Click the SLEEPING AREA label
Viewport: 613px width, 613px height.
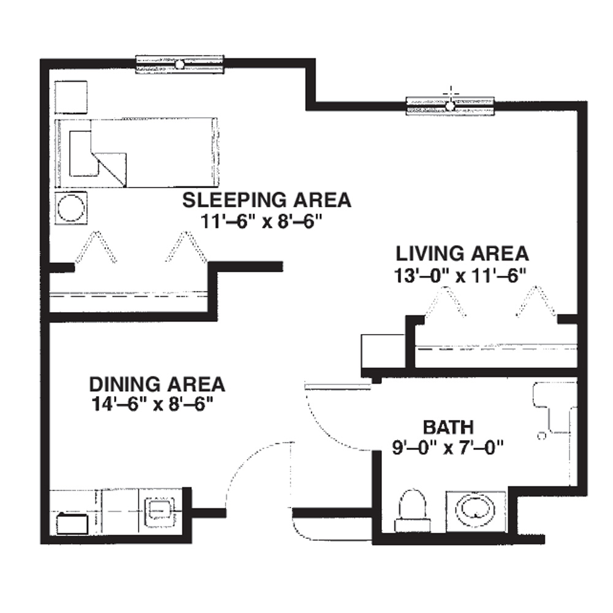tap(267, 200)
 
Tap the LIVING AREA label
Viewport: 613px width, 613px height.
tap(462, 254)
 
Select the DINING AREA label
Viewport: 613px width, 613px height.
tap(157, 384)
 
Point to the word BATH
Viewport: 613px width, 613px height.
tap(449, 427)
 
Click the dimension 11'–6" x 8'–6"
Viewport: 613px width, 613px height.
tap(261, 222)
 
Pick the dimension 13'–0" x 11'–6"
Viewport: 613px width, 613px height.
tap(460, 276)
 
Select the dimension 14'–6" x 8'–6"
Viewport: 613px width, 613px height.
tap(154, 404)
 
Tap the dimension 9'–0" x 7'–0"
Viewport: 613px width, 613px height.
tap(448, 447)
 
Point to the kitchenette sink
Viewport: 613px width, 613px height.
tap(160, 511)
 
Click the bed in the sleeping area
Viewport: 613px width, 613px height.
tap(136, 153)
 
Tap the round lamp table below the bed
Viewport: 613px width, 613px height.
tap(70, 208)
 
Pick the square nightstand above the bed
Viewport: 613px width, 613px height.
tap(70, 97)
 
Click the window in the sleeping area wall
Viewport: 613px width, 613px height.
tap(180, 64)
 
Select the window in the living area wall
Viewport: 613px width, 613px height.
tap(450, 106)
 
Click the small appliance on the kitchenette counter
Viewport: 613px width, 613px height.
tap(72, 524)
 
